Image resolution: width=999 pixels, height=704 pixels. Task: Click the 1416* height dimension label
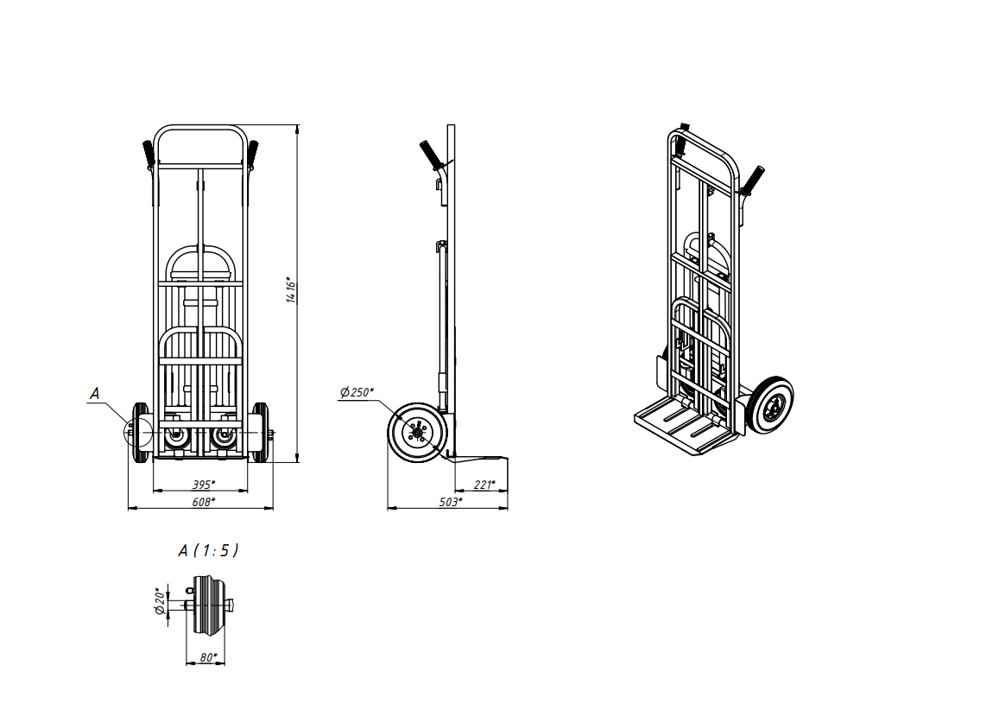pos(291,290)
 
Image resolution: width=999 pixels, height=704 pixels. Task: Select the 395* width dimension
pos(204,485)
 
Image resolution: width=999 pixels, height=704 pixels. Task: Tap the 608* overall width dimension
pos(204,502)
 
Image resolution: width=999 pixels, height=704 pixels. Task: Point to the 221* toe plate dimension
pos(484,485)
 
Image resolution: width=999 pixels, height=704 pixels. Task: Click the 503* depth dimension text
pos(451,502)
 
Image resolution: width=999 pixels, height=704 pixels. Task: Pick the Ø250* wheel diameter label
pos(357,392)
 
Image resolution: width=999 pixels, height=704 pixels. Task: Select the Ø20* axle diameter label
pos(161,601)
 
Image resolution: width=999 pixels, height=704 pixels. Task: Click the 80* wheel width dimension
pos(208,656)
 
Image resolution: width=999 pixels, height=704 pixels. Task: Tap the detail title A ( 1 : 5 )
pos(208,550)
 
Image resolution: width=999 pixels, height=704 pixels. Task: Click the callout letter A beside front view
pos(94,394)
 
